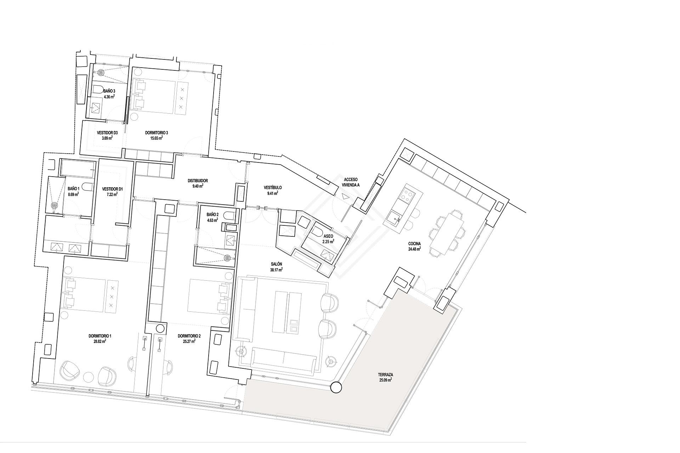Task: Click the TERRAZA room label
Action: click(385, 374)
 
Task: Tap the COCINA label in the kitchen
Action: click(414, 243)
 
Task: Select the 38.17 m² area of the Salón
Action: click(276, 270)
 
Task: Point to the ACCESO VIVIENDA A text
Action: click(351, 182)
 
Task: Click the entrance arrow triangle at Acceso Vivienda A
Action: click(345, 196)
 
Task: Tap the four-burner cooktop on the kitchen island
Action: click(407, 195)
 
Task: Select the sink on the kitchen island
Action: click(394, 216)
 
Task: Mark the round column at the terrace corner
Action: click(336, 388)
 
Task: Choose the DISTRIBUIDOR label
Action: click(198, 181)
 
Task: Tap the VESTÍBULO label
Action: click(273, 188)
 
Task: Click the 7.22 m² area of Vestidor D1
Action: click(112, 194)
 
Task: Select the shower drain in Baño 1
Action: click(55, 205)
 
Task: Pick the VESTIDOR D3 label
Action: click(107, 133)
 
